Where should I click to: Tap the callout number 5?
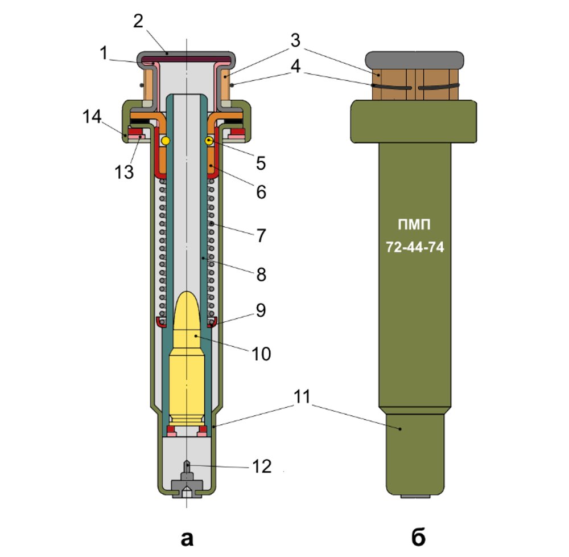(x=261, y=163)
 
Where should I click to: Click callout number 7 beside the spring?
(x=261, y=234)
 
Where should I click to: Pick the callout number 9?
(x=261, y=311)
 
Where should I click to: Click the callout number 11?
(x=300, y=396)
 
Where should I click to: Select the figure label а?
(x=186, y=536)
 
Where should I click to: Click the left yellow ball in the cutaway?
(x=166, y=140)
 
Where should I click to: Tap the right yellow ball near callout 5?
(x=210, y=140)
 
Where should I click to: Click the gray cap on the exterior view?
(x=415, y=59)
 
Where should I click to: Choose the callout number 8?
(x=261, y=274)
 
